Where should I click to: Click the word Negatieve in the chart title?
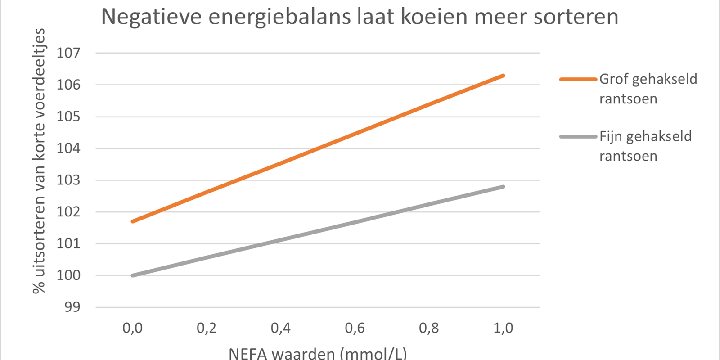(x=152, y=17)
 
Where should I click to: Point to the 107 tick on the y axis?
(x=68, y=53)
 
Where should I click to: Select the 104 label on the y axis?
(x=68, y=148)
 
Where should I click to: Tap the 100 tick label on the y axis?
(x=68, y=275)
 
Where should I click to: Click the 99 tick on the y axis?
(x=72, y=307)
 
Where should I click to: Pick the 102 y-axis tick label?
(x=68, y=211)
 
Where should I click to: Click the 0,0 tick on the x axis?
(x=133, y=328)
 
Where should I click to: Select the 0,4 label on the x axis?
(x=281, y=328)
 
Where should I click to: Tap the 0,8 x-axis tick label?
(x=429, y=328)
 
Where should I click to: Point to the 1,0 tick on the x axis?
(x=503, y=328)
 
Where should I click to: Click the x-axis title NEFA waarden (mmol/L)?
(x=318, y=353)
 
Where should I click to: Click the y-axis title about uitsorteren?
(x=39, y=161)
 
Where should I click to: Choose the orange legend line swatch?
(x=578, y=79)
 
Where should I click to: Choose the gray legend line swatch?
(x=578, y=136)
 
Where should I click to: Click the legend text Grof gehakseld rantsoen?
(x=648, y=89)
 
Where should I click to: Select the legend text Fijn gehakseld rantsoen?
(x=645, y=146)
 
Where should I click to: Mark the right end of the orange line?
(x=503, y=76)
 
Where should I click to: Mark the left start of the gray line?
(x=133, y=275)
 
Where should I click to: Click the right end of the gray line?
(x=503, y=187)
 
